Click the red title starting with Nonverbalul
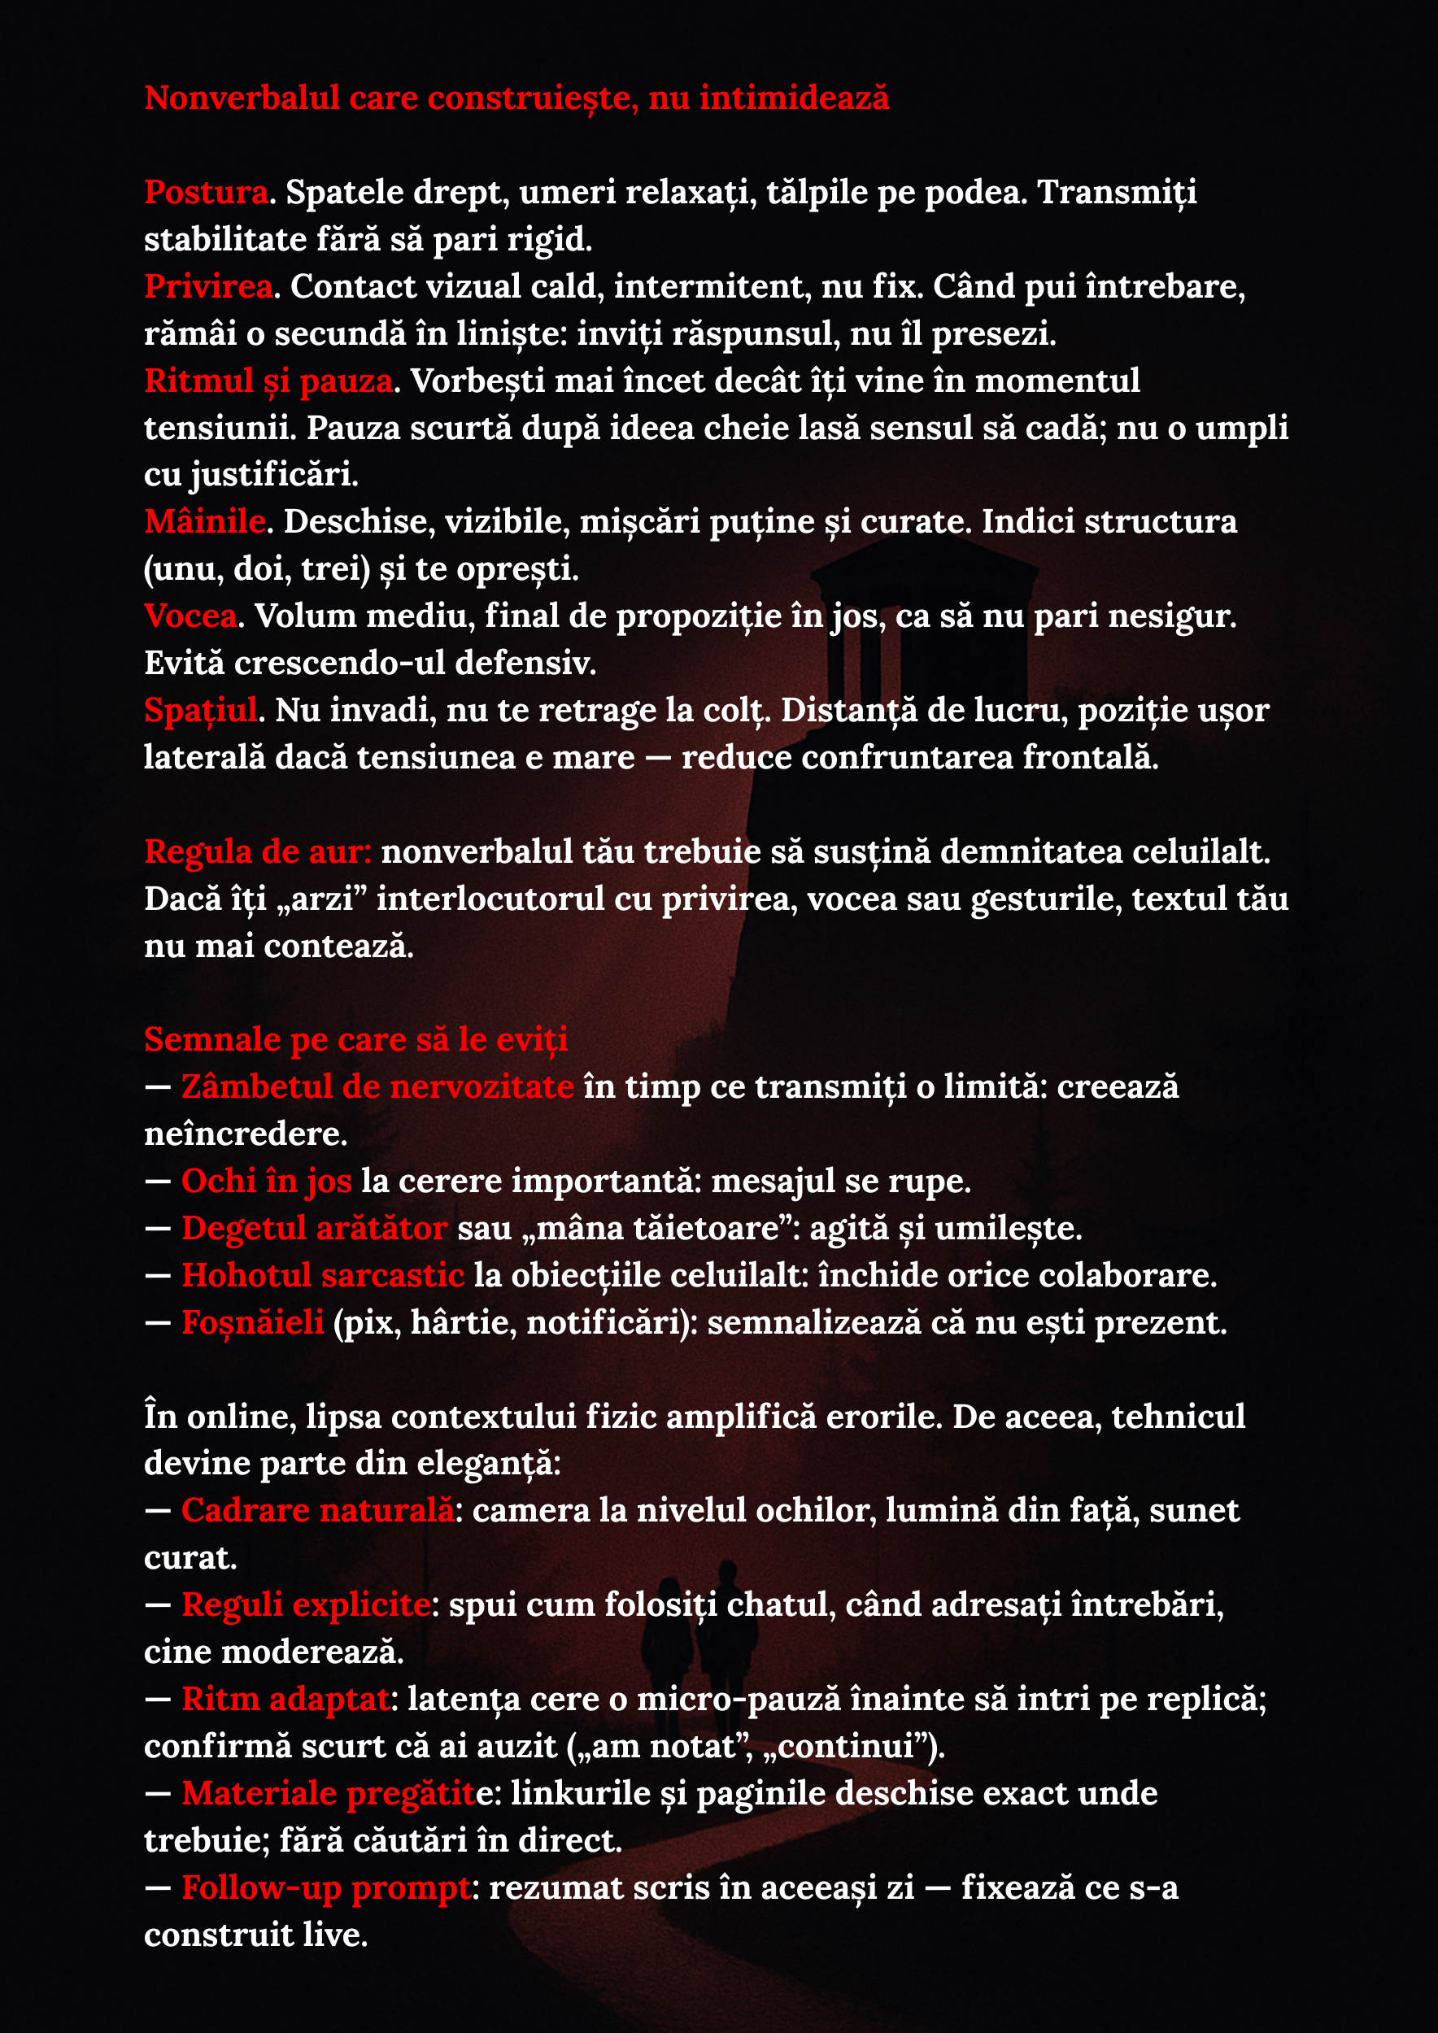pos(516,98)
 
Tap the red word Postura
pos(207,192)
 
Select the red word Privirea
pos(209,287)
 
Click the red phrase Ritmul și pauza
pos(268,381)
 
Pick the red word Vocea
pos(190,616)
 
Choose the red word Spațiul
pos(201,710)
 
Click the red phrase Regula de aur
pos(257,851)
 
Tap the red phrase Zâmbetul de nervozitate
pos(377,1087)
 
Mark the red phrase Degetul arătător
pos(314,1229)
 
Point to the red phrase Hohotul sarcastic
pos(323,1276)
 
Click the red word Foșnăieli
pos(253,1323)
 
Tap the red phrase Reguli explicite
pos(307,1605)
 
